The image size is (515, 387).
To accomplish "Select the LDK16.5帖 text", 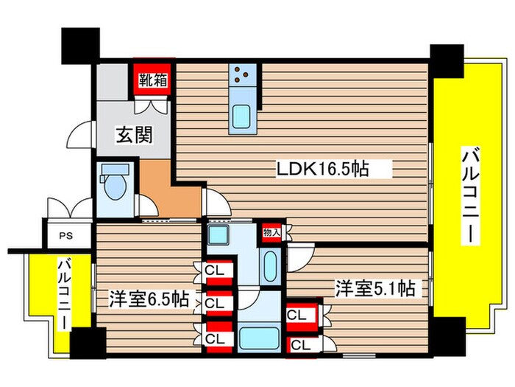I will [x=322, y=170].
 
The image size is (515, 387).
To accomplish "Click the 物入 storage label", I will [x=271, y=233].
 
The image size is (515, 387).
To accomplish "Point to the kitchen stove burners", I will [x=244, y=74].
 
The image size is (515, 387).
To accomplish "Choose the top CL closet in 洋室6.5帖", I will [x=216, y=271].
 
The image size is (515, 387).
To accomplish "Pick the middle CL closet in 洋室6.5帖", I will [x=216, y=302].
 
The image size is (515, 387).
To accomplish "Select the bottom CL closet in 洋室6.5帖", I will [x=216, y=338].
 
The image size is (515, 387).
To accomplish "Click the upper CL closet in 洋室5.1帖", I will [x=297, y=315].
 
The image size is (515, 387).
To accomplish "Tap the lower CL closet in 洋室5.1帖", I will [x=300, y=344].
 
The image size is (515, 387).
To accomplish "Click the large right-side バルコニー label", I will [x=468, y=195].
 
